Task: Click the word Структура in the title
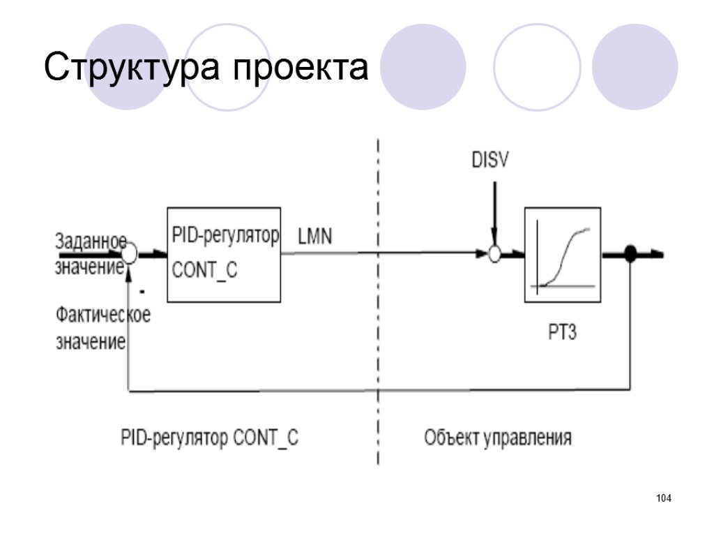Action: (x=132, y=68)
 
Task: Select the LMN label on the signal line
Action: (x=314, y=237)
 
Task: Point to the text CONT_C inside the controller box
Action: (x=204, y=269)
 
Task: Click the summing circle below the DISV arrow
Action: (x=494, y=255)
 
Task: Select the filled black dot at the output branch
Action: (x=630, y=255)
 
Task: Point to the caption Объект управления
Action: (x=498, y=438)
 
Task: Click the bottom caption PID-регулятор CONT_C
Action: (x=210, y=439)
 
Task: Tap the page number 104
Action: (x=663, y=498)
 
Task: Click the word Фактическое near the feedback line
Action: (x=102, y=315)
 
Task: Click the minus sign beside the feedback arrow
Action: (x=142, y=289)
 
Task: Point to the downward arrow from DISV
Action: (x=494, y=209)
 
